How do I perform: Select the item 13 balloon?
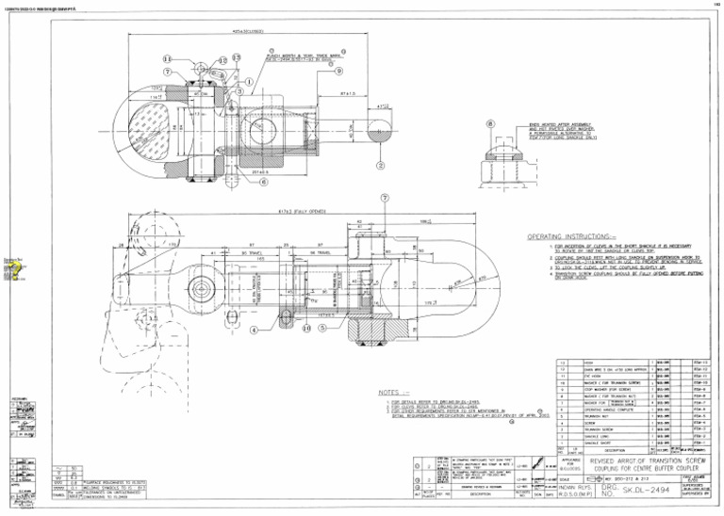click(236, 57)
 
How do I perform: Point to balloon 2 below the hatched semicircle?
click(380, 165)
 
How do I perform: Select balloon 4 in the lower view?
click(254, 330)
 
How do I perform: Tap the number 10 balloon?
click(306, 328)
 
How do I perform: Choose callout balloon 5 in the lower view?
click(323, 328)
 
